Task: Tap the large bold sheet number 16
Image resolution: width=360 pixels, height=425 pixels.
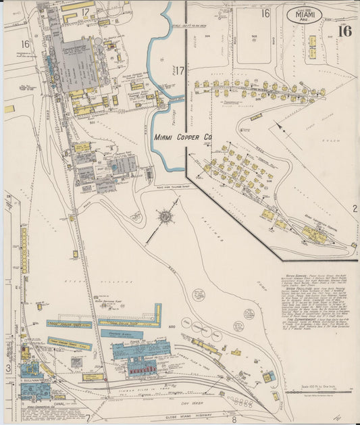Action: click(x=344, y=30)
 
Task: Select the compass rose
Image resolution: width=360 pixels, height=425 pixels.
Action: click(x=164, y=217)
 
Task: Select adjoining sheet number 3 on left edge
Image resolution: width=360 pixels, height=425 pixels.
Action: click(x=8, y=368)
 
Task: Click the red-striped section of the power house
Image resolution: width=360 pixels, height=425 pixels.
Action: click(x=143, y=370)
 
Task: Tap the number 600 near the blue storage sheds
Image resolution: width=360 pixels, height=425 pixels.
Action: click(x=172, y=326)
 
